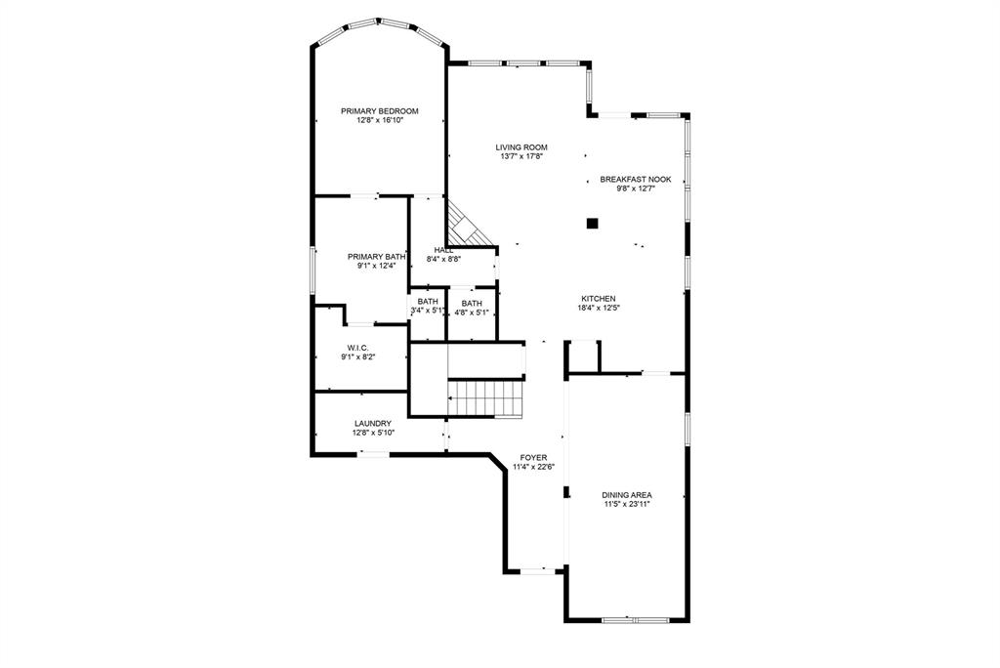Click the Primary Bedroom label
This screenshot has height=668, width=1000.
tap(380, 111)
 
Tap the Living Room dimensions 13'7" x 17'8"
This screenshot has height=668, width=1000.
tap(521, 156)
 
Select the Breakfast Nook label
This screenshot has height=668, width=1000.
tap(635, 180)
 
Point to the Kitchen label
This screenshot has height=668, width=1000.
tap(599, 299)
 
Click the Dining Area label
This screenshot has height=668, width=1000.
tap(627, 495)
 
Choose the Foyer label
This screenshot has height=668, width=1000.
tap(533, 457)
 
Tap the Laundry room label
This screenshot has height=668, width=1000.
tap(373, 424)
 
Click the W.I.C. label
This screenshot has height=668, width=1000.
tap(357, 348)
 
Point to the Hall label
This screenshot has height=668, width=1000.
tap(443, 250)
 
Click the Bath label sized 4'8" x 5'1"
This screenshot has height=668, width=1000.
tap(472, 303)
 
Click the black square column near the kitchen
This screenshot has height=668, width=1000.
tap(592, 223)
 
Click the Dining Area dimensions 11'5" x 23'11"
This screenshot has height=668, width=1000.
tap(627, 505)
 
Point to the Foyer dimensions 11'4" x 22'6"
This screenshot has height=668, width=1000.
tap(533, 467)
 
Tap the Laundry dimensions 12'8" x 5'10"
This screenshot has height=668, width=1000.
tap(373, 434)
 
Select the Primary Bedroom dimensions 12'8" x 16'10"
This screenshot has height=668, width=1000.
tap(380, 121)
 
